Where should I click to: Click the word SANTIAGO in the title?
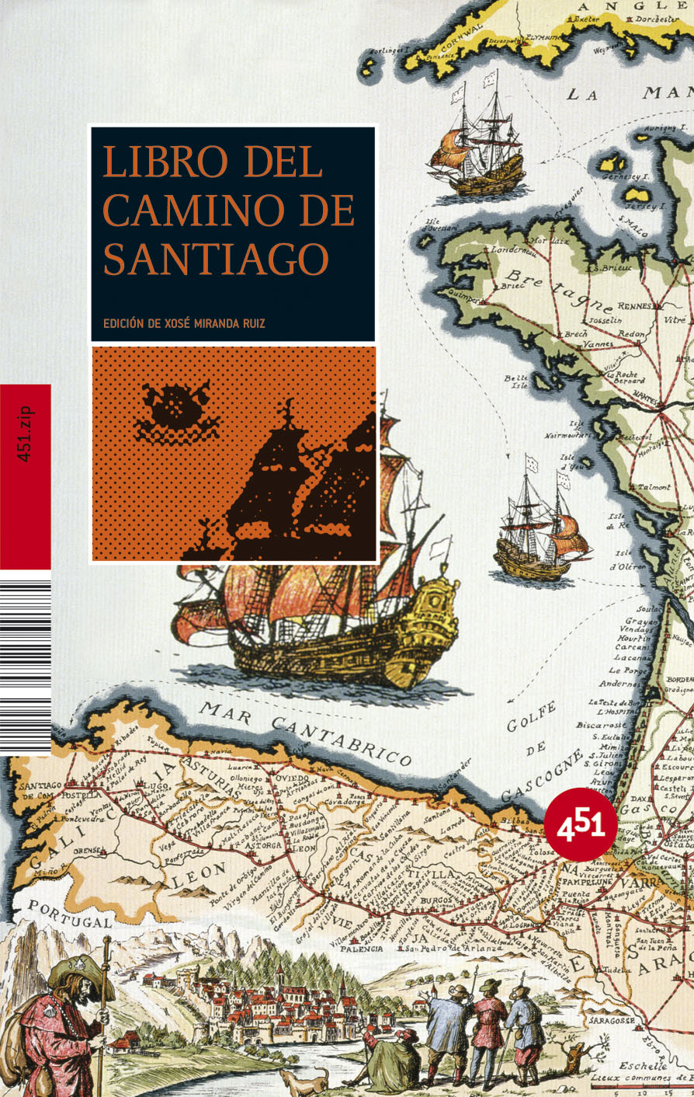(x=216, y=259)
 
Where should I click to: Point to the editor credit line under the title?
(x=184, y=323)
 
